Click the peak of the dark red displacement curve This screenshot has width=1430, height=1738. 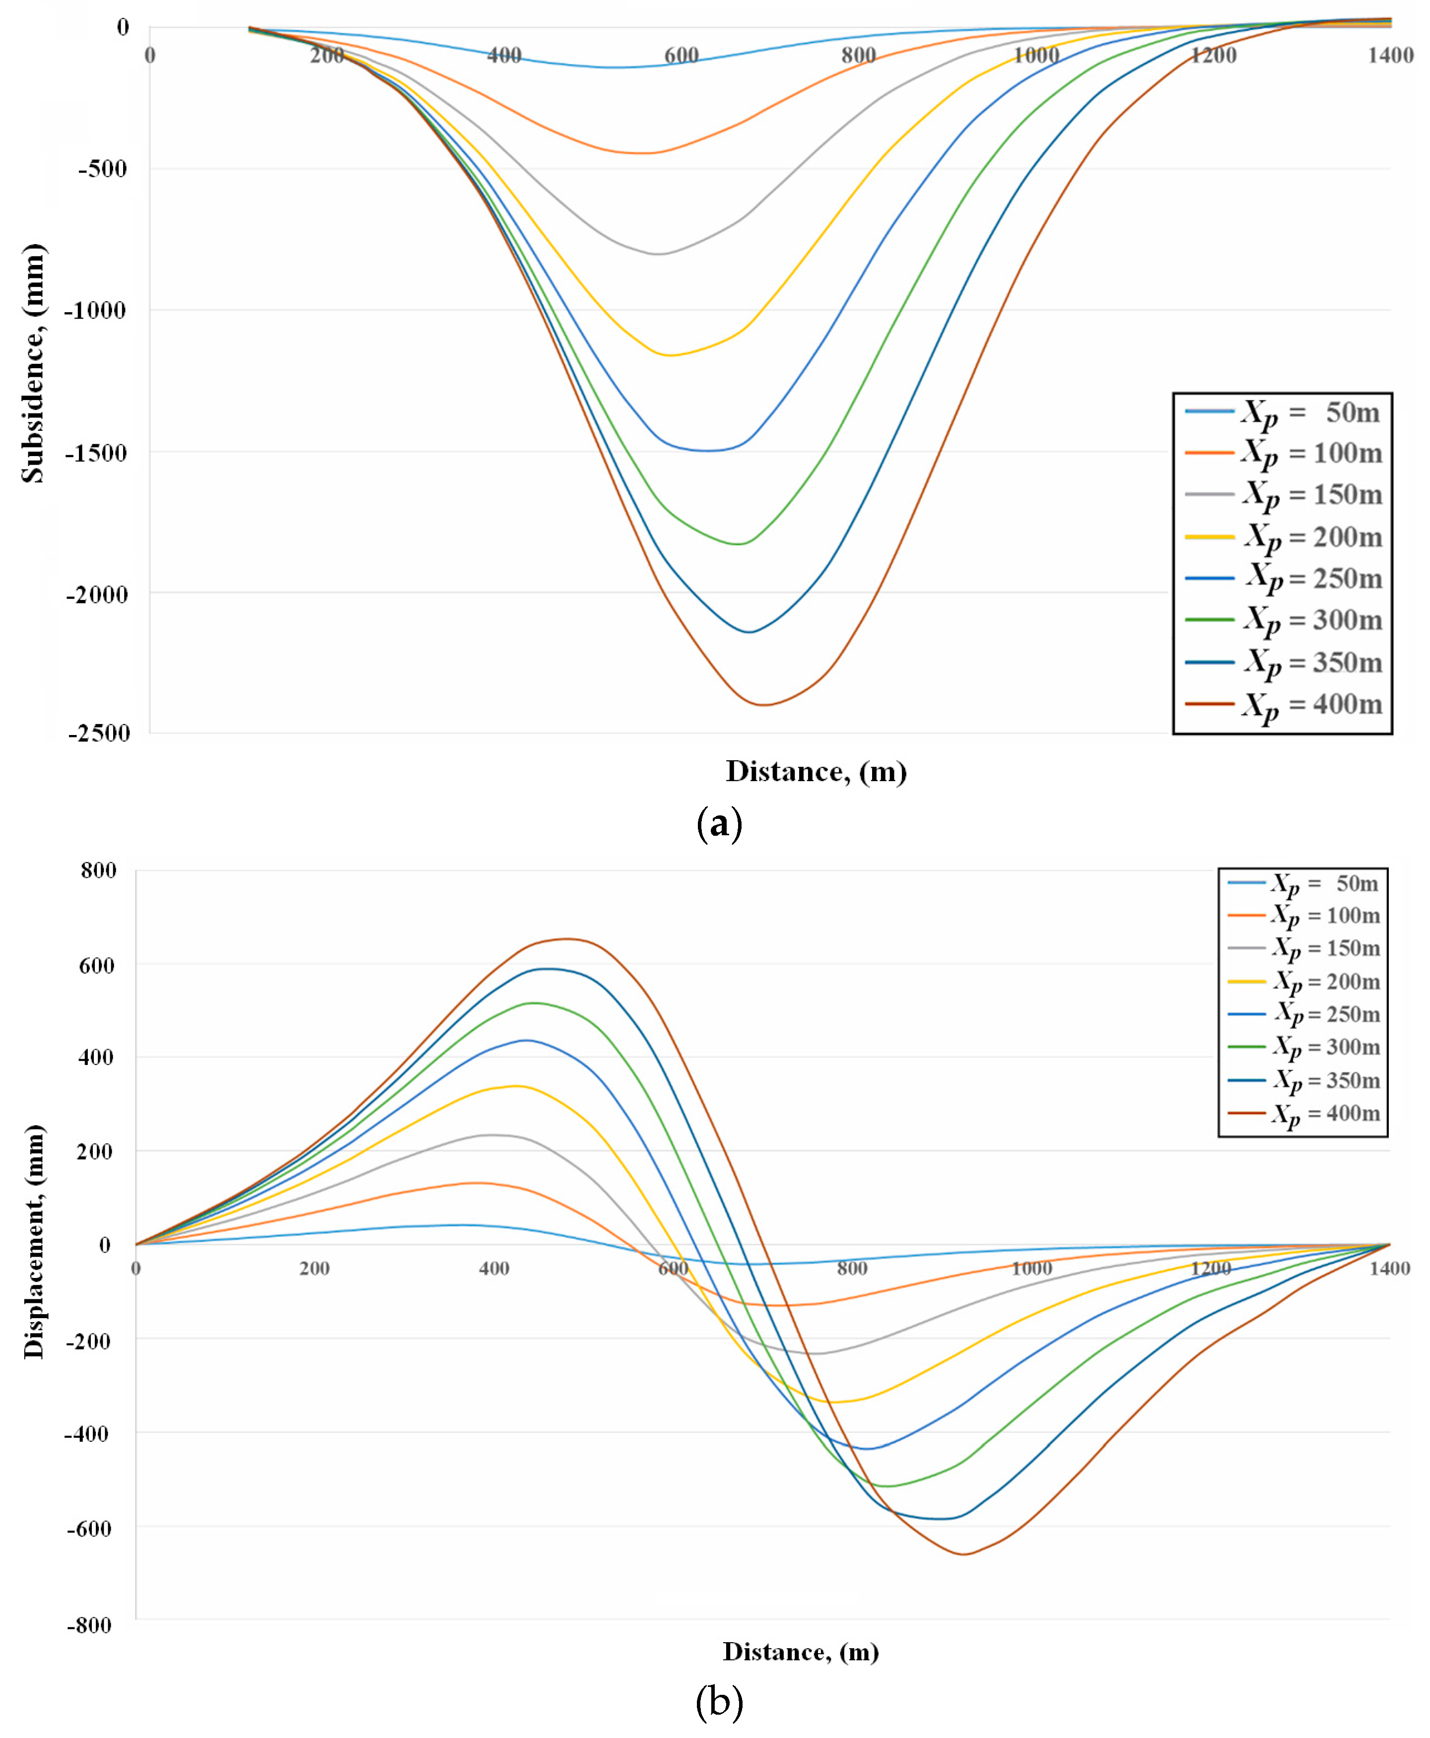tap(567, 939)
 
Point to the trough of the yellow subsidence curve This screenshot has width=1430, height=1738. tap(669, 355)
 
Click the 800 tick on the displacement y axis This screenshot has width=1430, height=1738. tap(98, 870)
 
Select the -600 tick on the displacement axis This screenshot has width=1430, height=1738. tap(89, 1529)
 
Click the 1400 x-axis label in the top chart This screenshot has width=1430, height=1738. tap(1390, 55)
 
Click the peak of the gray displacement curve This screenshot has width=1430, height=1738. tap(489, 1135)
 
